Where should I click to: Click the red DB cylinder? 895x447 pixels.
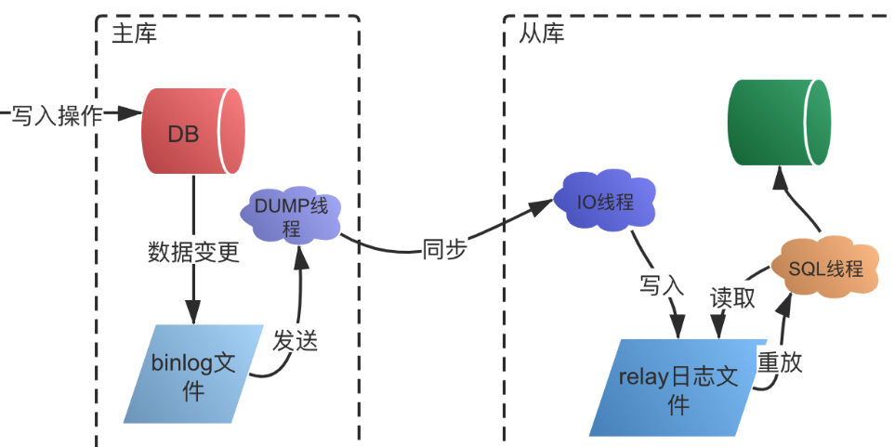coord(191,131)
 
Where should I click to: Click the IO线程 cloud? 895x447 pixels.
coord(605,201)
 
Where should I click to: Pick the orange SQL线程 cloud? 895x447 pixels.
coord(824,269)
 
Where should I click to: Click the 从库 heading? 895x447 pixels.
coord(541,33)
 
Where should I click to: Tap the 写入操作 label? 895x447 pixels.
coord(57,115)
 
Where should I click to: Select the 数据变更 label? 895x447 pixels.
coord(193,252)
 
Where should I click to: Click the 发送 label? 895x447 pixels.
coord(296,340)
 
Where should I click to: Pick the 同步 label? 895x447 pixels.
coord(444,250)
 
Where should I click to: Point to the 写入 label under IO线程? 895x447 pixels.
coord(662,284)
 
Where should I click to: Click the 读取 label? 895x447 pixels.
coord(732,298)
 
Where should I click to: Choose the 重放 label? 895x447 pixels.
coord(780,362)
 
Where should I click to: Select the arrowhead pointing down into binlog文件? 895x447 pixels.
coord(193,314)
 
